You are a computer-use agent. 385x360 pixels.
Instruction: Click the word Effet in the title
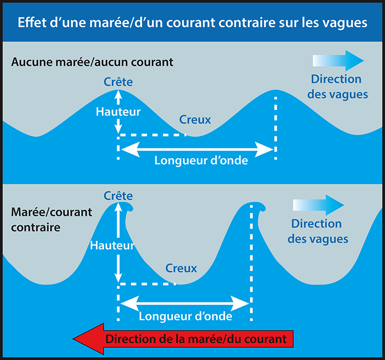pos(31,23)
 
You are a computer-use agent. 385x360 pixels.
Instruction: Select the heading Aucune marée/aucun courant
pos(92,62)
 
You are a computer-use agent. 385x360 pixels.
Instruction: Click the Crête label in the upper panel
pos(118,81)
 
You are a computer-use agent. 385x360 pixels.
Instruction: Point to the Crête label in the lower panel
pos(118,195)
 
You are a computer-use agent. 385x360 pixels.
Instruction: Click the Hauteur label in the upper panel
pos(118,112)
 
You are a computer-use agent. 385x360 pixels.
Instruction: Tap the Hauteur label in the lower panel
pos(112,245)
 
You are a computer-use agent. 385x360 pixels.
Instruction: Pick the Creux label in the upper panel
pos(195,120)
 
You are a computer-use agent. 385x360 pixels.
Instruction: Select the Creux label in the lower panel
pos(181,268)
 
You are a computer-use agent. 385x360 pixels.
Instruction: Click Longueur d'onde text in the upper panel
pos(201,161)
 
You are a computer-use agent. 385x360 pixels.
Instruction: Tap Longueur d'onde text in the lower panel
pos(185,316)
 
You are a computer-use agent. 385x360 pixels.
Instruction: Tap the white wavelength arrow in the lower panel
pos(185,303)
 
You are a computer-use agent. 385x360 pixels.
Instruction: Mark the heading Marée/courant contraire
pos(51,219)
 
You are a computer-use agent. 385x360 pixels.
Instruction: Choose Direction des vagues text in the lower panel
pos(317,231)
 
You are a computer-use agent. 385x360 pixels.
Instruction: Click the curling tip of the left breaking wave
pos(129,208)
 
